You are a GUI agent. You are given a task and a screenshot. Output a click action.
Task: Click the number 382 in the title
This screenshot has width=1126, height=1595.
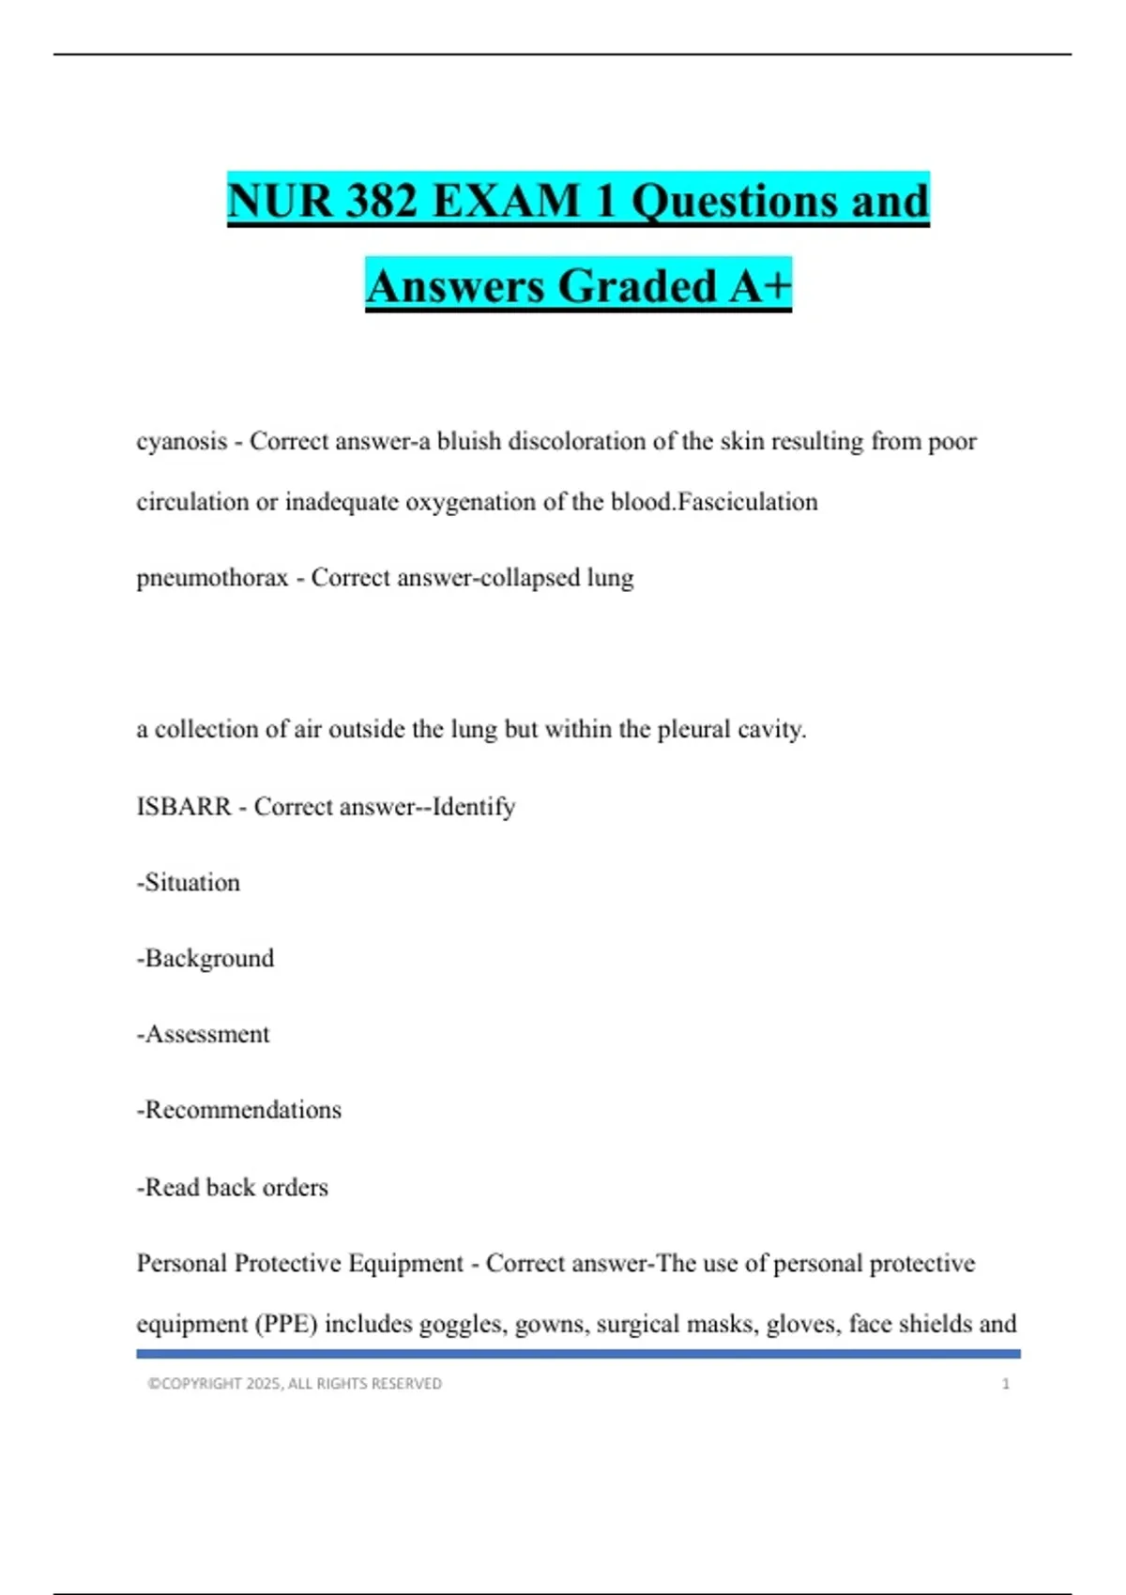point(382,201)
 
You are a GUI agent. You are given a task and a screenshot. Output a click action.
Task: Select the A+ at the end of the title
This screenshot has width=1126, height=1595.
point(761,286)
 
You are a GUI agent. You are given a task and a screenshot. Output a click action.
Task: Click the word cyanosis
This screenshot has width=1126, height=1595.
point(182,441)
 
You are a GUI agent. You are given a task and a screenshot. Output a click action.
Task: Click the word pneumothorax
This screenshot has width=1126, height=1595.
point(212,578)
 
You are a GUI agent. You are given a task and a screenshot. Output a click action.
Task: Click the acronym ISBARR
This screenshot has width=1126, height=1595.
point(184,807)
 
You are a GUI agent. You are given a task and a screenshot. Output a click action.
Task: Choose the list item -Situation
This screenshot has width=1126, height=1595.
point(189,883)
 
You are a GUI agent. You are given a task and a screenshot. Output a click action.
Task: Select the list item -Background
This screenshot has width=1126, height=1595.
point(205,959)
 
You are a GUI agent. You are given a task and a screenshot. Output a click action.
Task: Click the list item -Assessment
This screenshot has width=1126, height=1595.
point(203,1034)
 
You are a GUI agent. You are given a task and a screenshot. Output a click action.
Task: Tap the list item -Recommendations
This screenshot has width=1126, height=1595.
point(239,1110)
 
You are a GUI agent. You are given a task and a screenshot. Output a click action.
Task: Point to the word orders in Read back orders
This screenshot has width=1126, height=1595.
point(296,1188)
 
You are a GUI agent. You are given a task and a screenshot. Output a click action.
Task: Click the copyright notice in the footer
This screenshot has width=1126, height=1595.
point(295,1384)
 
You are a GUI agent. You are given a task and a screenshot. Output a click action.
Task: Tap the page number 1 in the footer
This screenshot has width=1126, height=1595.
point(1006,1384)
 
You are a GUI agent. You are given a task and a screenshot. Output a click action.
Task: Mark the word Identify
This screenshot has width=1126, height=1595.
point(474,807)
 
